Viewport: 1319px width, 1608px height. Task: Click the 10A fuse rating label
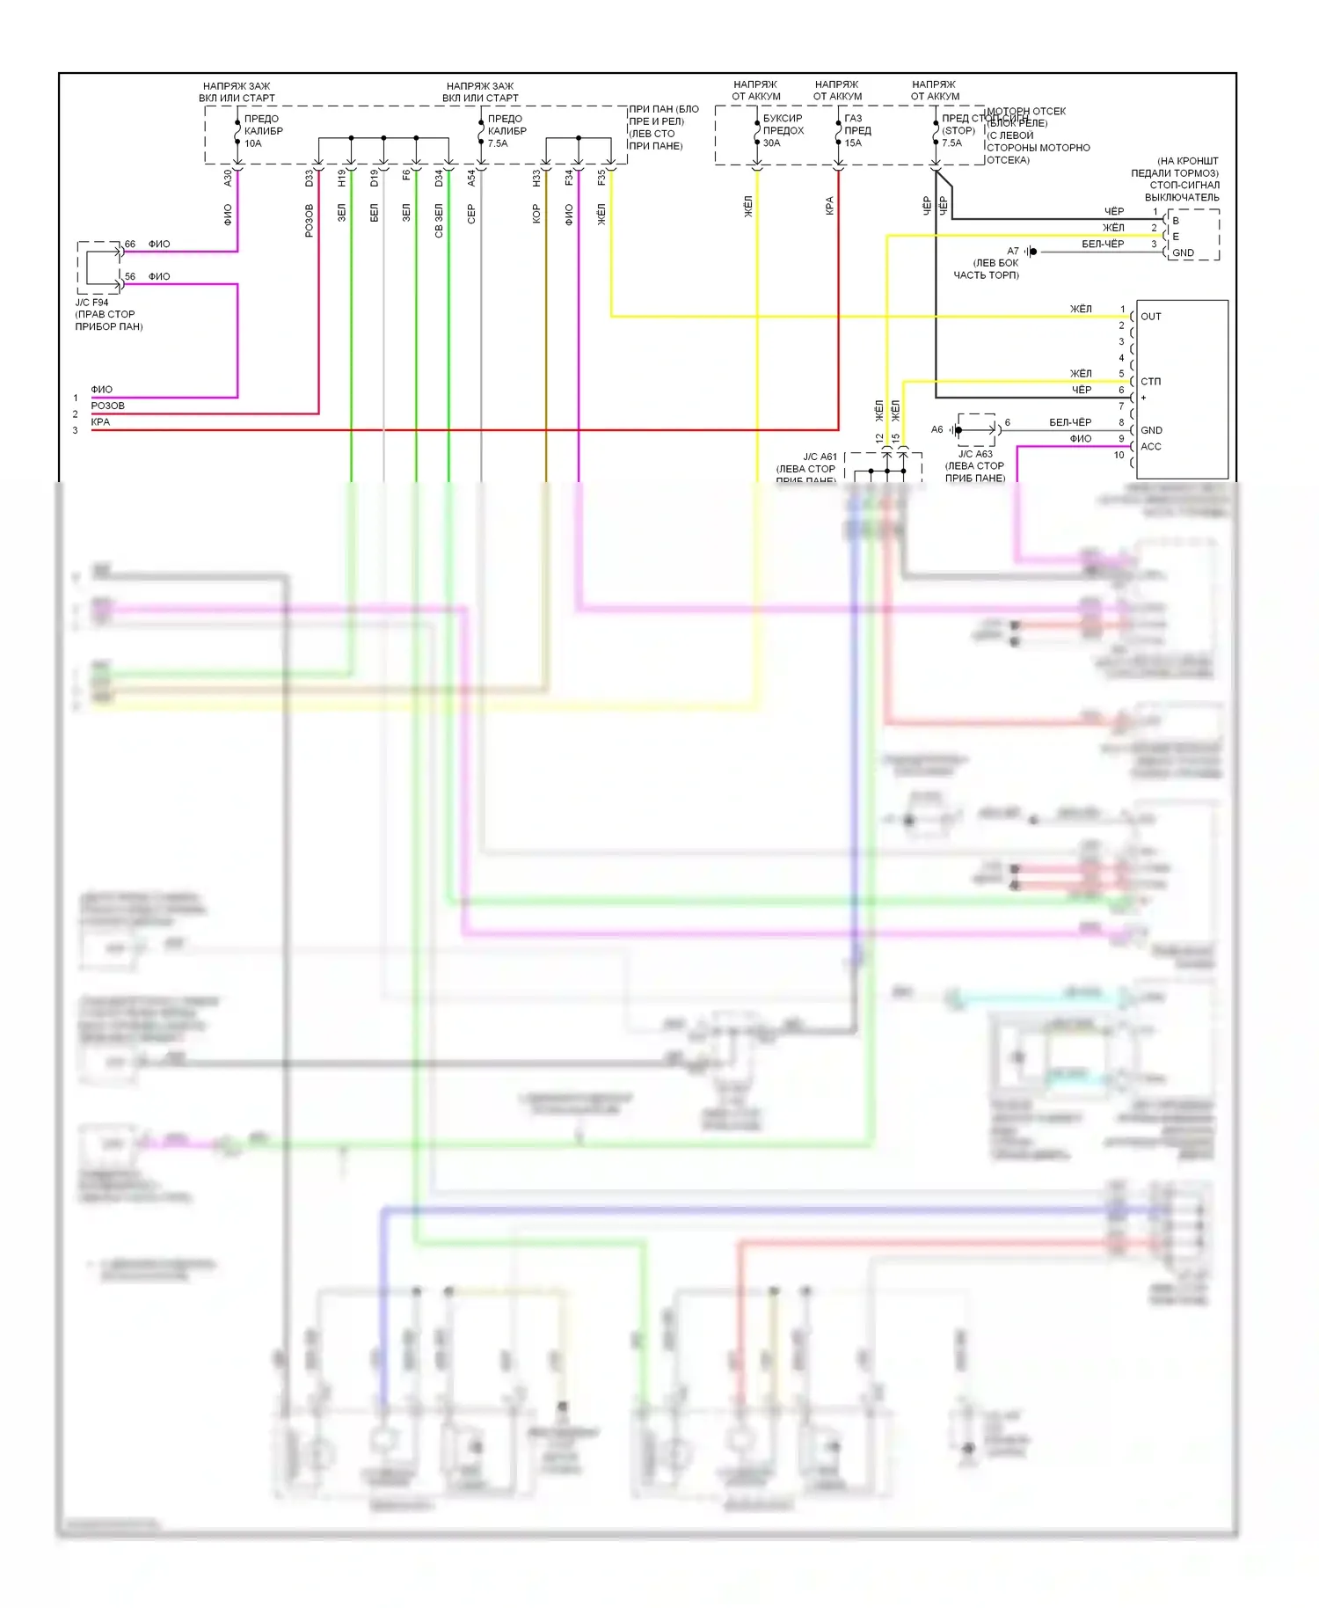[253, 143]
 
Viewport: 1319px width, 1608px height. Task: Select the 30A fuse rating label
[771, 143]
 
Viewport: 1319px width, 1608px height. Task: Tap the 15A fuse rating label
[853, 143]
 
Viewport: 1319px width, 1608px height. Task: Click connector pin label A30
[228, 178]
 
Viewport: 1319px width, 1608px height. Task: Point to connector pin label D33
[309, 178]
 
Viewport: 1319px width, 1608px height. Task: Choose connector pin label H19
[341, 178]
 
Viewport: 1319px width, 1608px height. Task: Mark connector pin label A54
[471, 178]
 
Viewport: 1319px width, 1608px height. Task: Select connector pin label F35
[601, 178]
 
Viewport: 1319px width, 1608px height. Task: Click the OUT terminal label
[1151, 317]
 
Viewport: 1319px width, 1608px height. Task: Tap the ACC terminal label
[1151, 447]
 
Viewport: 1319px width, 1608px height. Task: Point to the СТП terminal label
[1150, 382]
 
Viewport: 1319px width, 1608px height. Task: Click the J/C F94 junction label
[91, 303]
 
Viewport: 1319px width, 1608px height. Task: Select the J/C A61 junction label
[820, 457]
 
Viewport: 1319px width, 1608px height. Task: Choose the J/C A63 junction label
[975, 454]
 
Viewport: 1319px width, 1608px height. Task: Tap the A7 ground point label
[1013, 251]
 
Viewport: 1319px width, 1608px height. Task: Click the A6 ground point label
[936, 429]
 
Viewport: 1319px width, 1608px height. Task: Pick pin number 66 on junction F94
[130, 244]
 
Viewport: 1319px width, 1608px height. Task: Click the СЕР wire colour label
[471, 214]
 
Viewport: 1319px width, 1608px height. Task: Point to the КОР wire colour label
[536, 214]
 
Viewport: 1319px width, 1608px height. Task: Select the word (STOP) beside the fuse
[958, 130]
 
